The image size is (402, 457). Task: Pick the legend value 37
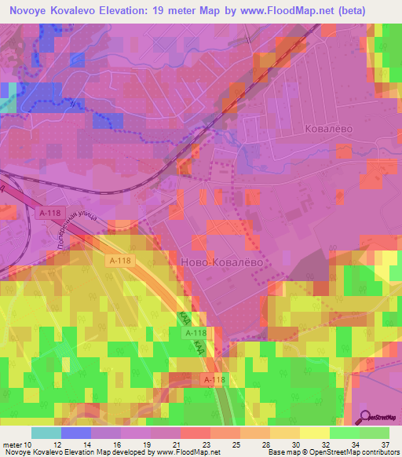pos(384,444)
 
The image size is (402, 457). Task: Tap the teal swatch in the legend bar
pos(46,433)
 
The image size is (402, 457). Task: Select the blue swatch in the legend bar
pos(75,433)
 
